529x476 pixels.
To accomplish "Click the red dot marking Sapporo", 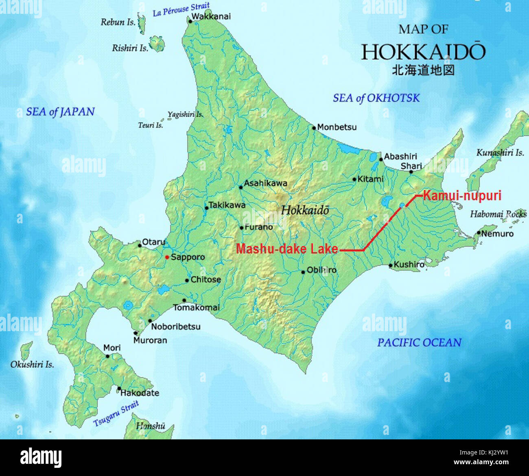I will click(167, 257).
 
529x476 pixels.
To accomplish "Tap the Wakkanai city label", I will click(211, 17).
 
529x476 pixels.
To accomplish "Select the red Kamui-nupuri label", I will click(462, 196).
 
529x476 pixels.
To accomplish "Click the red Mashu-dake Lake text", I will click(287, 249).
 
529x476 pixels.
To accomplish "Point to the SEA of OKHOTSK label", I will click(376, 98).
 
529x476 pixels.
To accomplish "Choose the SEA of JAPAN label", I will click(60, 112).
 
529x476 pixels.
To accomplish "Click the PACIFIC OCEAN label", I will click(419, 343).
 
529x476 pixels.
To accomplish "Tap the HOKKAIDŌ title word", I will click(423, 52).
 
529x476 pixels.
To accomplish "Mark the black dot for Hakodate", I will click(119, 388).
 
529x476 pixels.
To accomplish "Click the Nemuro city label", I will click(497, 234).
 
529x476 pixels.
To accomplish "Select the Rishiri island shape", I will click(157, 44).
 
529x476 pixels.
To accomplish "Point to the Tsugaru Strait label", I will click(116, 413).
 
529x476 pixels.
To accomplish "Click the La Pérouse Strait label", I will click(181, 9).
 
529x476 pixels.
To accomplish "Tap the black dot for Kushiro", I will click(390, 265).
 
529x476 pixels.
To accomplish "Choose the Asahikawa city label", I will click(265, 183).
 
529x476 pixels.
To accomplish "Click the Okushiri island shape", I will click(26, 350).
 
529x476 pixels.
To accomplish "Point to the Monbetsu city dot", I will click(314, 128).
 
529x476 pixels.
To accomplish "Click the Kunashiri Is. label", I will click(500, 153).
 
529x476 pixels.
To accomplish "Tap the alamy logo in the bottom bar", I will click(41, 458).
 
